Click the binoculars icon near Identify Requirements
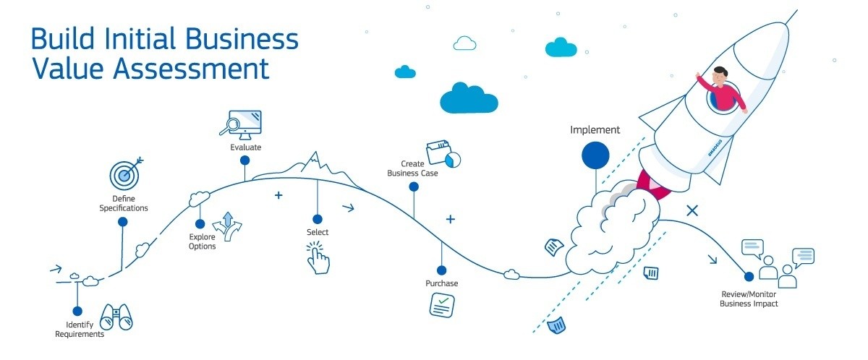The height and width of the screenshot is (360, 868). [116, 317]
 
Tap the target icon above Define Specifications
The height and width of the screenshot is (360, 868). [124, 173]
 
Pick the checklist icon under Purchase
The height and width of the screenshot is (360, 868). [442, 305]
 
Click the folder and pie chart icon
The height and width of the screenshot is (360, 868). [443, 154]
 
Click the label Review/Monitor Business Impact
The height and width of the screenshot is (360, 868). [749, 299]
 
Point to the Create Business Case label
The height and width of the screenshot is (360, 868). [412, 168]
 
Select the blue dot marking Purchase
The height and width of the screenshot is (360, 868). [441, 267]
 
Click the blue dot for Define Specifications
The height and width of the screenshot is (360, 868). [123, 222]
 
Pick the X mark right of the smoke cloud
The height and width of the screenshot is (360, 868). [692, 210]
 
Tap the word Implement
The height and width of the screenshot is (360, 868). [595, 130]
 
